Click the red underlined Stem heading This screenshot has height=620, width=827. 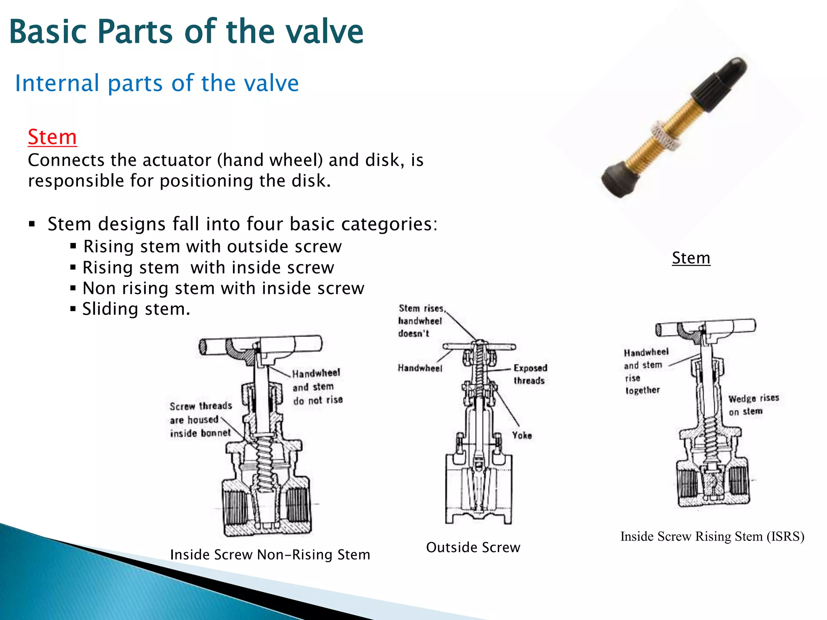[52, 137]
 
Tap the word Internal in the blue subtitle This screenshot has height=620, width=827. [57, 83]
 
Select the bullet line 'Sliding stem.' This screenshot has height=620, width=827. [136, 309]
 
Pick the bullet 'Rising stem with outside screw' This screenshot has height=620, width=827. [212, 247]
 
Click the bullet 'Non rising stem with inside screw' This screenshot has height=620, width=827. [223, 289]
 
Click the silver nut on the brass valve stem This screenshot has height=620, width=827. [667, 135]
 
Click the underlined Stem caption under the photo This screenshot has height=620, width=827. [691, 258]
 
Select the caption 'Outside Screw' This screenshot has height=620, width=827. [473, 547]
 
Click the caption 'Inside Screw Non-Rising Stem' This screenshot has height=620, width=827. [270, 555]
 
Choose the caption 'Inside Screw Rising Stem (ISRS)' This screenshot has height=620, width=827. [712, 536]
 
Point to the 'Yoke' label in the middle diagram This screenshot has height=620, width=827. [522, 435]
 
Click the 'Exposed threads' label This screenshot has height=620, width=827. [530, 374]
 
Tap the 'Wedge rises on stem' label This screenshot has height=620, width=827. [753, 405]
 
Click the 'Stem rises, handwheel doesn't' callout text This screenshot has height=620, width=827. [420, 321]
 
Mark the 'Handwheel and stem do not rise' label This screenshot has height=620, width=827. [317, 387]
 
